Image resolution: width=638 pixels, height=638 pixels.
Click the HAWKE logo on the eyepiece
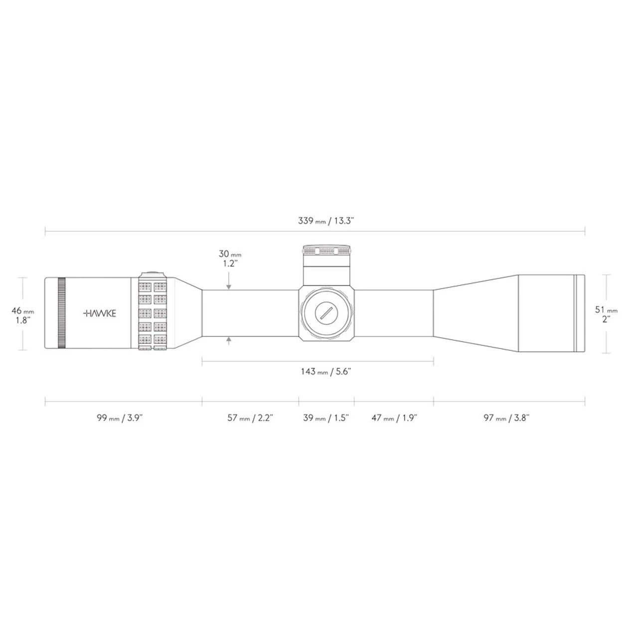click(x=99, y=314)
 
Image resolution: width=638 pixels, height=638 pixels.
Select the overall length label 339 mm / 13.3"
click(x=326, y=221)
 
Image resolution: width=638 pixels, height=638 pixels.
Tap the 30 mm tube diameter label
click(x=230, y=259)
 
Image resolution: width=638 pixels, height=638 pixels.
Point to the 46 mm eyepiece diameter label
click(x=23, y=315)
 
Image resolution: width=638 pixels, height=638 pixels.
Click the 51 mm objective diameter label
click(x=606, y=315)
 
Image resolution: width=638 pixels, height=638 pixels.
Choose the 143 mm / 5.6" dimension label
click(x=325, y=371)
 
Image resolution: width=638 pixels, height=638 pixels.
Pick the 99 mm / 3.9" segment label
click(x=120, y=418)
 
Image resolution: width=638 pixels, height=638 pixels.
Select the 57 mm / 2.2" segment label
click(x=250, y=418)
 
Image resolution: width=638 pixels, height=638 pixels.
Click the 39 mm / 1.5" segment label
click(x=326, y=418)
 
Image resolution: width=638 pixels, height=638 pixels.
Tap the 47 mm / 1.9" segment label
click(x=394, y=418)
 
